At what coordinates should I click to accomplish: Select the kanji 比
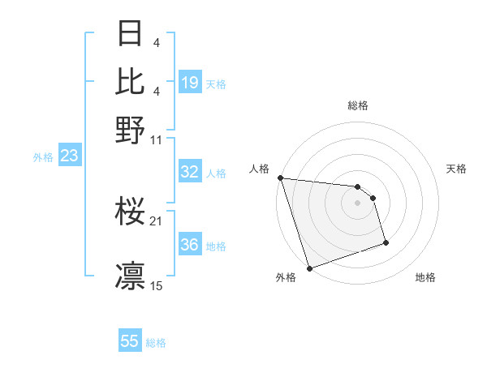131,81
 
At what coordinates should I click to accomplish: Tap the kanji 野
131,128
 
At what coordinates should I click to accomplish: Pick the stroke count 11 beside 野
157,139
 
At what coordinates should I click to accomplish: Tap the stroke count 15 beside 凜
157,285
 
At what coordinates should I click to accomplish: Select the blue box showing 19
190,82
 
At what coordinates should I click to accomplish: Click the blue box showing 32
190,171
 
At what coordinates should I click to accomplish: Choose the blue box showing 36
190,245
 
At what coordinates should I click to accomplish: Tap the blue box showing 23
69,156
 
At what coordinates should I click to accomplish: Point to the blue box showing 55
130,341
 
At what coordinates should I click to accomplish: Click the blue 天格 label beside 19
216,83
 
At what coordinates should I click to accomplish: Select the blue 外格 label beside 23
43,157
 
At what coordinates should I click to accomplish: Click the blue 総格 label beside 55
156,343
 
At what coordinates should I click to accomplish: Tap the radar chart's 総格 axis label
358,105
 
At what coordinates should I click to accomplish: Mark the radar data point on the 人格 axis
280,178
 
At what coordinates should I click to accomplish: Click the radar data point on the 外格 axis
309,268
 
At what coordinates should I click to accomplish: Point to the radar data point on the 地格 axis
386,242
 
